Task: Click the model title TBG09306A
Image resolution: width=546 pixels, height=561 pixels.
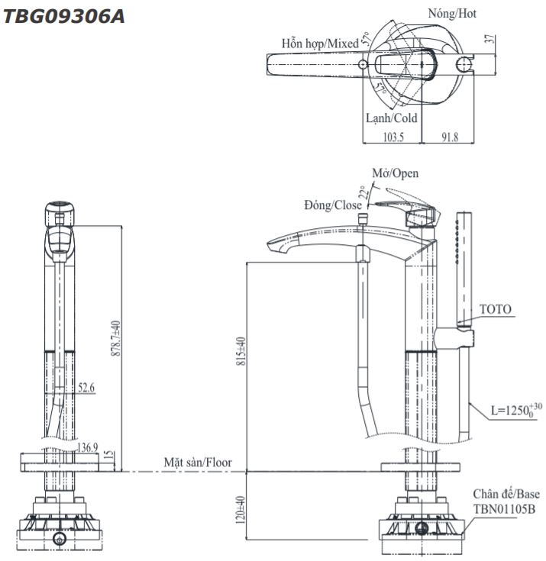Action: coord(64,16)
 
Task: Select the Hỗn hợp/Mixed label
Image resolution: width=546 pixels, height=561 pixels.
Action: coord(319,44)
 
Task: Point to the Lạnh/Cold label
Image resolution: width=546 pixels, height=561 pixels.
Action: coord(391,118)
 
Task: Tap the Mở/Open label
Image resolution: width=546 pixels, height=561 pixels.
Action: coord(395,174)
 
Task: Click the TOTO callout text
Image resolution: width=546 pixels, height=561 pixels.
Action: coord(496,310)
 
